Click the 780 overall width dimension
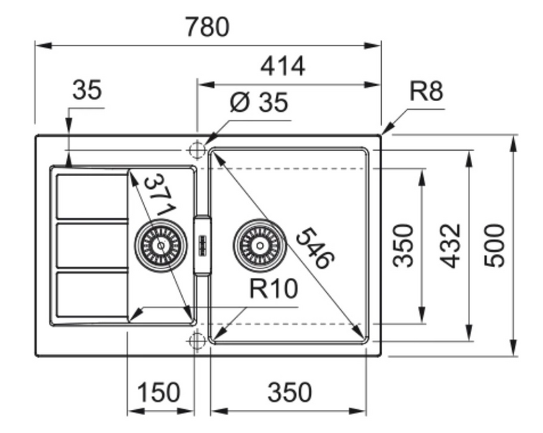pos(207,27)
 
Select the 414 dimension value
pos(282,66)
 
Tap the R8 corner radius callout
pos(425,92)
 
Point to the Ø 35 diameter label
pos(259,103)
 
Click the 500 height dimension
pos(495,245)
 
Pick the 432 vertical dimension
pos(451,245)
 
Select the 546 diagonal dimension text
pos(315,248)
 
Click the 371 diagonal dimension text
pos(158,195)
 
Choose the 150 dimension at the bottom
pos(158,393)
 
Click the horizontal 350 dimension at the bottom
pos(290,393)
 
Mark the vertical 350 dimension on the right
pos(406,245)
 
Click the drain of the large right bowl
pos(259,245)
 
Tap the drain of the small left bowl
pos(160,245)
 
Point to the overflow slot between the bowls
pos(202,245)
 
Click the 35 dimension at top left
pos(87,92)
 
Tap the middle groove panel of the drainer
pos(92,245)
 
